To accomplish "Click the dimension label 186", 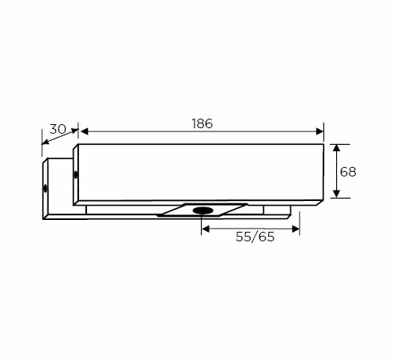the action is (x=202, y=123).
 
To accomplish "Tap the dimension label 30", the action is (x=58, y=129).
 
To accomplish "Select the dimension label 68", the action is (x=348, y=172).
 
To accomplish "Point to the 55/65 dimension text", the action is (x=255, y=237).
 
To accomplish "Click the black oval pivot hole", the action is (x=202, y=210).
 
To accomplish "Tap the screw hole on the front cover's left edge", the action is (x=76, y=175).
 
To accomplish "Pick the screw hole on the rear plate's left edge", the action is (x=45, y=188).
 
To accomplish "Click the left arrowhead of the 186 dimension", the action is (x=85, y=131).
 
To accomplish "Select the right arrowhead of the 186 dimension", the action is (x=319, y=131).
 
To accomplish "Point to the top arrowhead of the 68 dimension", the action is (x=336, y=148).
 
